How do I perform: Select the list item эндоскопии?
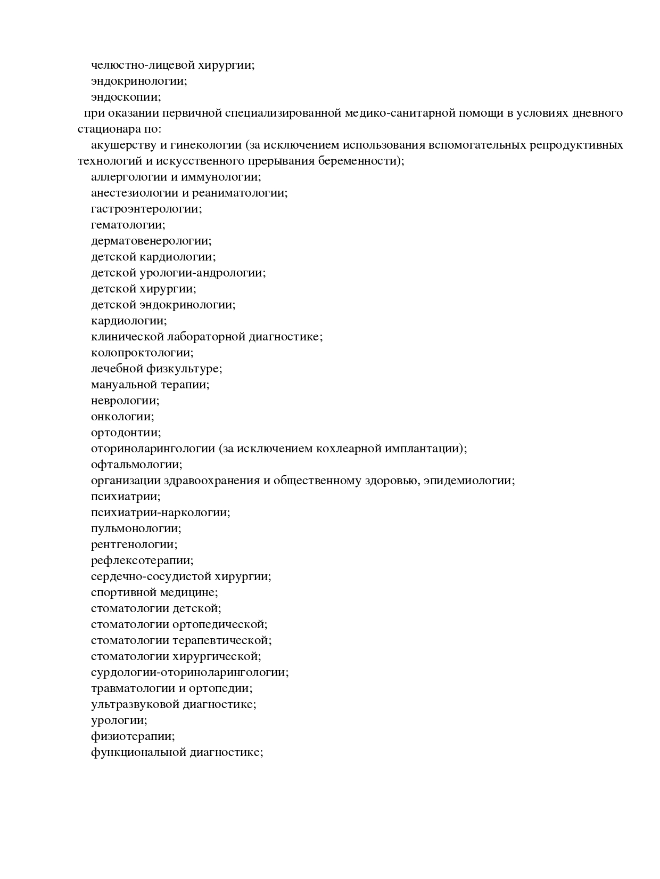click(126, 97)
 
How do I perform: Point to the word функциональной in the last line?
click(138, 752)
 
